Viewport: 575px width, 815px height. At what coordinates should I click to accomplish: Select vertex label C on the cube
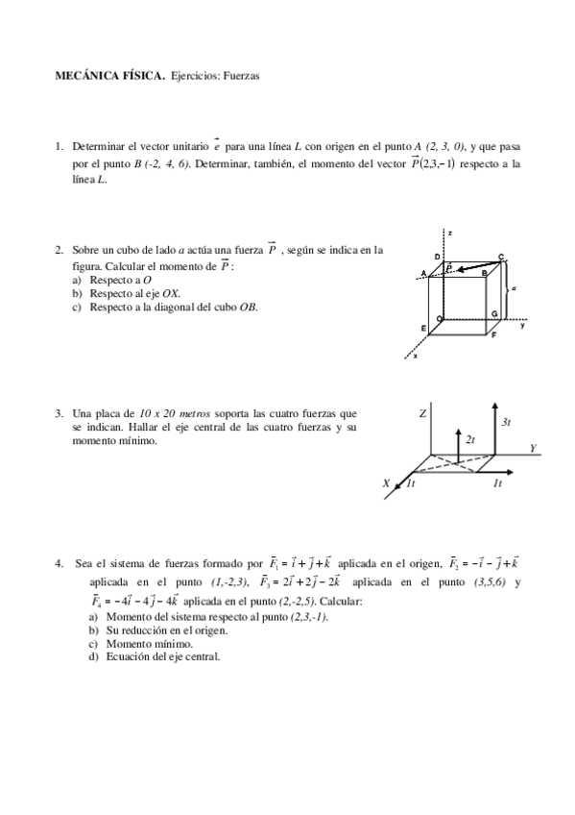pyautogui.click(x=501, y=257)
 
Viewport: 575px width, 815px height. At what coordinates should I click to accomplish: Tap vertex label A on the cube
pyautogui.click(x=423, y=274)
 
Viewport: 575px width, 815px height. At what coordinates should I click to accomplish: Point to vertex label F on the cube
pyautogui.click(x=493, y=336)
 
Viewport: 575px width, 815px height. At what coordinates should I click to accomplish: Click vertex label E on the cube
pyautogui.click(x=422, y=328)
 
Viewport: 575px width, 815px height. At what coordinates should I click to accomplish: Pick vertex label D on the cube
pyautogui.click(x=437, y=257)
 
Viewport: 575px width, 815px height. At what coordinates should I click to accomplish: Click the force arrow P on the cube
pyautogui.click(x=470, y=264)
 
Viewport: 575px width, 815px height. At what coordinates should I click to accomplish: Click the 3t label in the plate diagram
pyautogui.click(x=506, y=421)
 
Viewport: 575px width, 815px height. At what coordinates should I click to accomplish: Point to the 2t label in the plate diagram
pyautogui.click(x=470, y=438)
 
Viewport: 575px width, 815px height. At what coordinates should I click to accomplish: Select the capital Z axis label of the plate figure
pyautogui.click(x=421, y=413)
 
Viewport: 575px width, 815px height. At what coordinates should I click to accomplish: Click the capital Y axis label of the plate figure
pyautogui.click(x=533, y=448)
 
